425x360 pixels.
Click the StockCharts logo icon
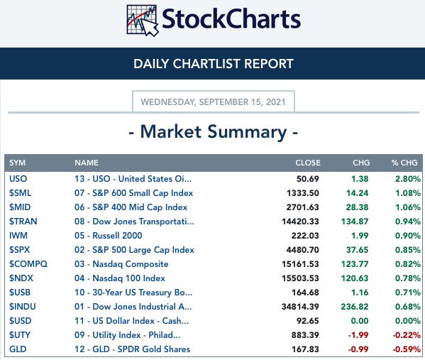pos(143,21)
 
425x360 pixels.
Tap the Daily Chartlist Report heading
pos(214,64)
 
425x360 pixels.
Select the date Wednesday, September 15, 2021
pos(213,102)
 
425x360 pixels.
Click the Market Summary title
pos(214,132)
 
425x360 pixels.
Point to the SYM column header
pos(17,163)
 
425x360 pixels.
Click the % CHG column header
pos(404,163)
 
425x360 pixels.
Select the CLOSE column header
pos(308,163)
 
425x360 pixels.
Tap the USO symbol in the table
pos(18,179)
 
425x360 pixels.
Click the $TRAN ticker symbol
pos(23,222)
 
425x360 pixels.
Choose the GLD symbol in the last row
pos(18,349)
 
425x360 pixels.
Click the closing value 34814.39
pos(300,307)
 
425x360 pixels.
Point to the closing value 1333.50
pos(303,193)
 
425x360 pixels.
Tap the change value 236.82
pos(355,307)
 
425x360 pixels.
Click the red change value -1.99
pos(358,335)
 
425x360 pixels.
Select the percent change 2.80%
pos(408,179)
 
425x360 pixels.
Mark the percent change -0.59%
pos(407,349)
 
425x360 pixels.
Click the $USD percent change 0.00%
pos(408,321)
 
